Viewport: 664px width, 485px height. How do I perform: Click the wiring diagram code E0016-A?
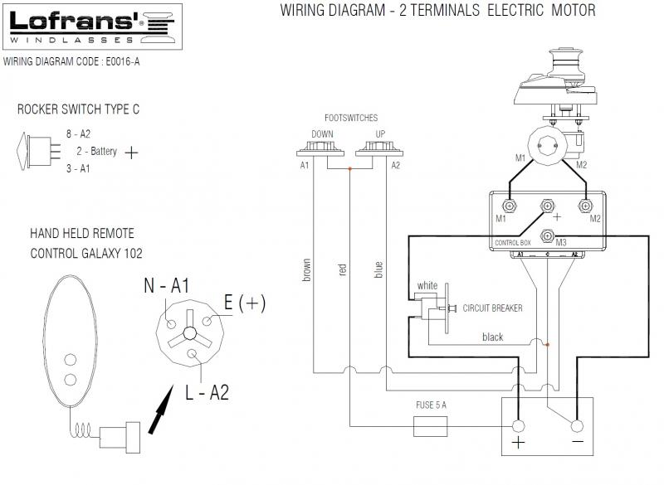click(122, 61)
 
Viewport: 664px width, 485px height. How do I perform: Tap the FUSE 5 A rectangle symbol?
click(430, 426)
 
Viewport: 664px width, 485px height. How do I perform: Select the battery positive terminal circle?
click(518, 426)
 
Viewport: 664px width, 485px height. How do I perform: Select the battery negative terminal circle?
click(577, 426)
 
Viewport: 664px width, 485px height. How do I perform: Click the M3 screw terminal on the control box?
click(548, 235)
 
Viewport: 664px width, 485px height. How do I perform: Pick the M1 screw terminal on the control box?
click(510, 206)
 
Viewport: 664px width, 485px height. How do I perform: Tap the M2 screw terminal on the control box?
click(586, 206)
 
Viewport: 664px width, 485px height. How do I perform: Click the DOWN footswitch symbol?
click(320, 149)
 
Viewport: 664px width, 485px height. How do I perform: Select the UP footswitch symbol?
click(379, 149)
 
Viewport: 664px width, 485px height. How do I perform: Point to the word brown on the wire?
click(306, 269)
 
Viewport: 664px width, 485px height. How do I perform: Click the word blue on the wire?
click(378, 269)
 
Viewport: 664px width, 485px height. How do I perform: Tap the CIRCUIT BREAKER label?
click(492, 308)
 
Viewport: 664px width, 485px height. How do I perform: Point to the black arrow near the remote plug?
click(161, 410)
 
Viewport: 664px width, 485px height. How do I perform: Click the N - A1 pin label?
click(167, 285)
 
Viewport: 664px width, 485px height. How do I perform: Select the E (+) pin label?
click(245, 303)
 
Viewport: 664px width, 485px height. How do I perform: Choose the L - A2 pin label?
click(207, 392)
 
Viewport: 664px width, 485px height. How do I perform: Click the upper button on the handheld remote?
click(71, 361)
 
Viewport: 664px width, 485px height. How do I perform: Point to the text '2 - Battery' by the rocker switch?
click(96, 152)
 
